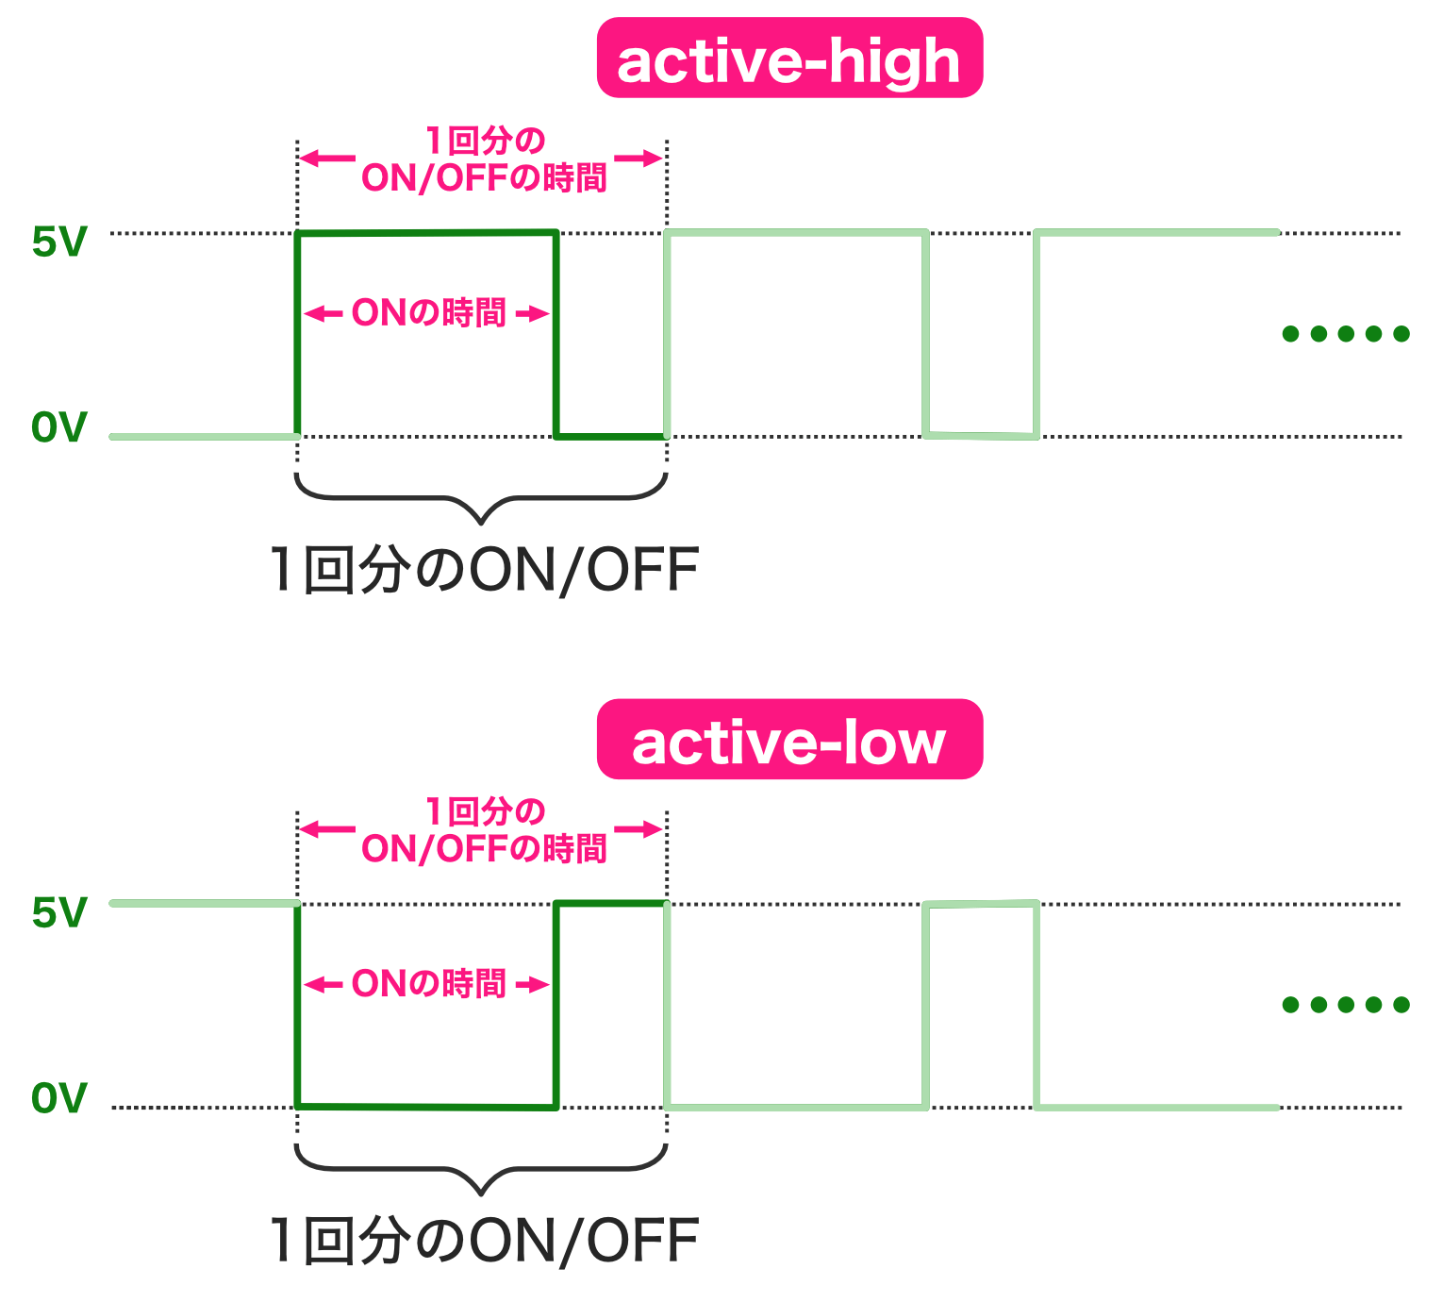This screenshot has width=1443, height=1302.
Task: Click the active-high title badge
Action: pyautogui.click(x=789, y=58)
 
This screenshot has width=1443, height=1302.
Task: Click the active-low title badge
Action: pyautogui.click(x=789, y=740)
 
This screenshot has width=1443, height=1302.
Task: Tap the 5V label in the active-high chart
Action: pyautogui.click(x=58, y=242)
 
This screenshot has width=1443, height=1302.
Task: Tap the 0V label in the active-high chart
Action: pyautogui.click(x=58, y=427)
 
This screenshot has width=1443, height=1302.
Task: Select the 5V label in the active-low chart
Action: pyautogui.click(x=58, y=913)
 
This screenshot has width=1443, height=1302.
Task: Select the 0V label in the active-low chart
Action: pyautogui.click(x=58, y=1098)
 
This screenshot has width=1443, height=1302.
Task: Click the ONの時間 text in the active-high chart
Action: pyautogui.click(x=429, y=313)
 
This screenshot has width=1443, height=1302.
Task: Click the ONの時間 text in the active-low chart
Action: pyautogui.click(x=429, y=984)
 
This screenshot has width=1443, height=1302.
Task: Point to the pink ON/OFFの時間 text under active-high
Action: pyautogui.click(x=484, y=177)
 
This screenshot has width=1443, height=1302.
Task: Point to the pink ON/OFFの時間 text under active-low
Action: pyautogui.click(x=484, y=848)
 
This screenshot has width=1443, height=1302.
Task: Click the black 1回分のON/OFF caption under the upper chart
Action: pyautogui.click(x=484, y=570)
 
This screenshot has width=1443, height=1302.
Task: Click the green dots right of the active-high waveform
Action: pyautogui.click(x=1346, y=333)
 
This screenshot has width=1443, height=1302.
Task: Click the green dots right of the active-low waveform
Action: pyautogui.click(x=1346, y=1005)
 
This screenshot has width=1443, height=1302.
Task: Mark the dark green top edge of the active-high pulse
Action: pyautogui.click(x=426, y=233)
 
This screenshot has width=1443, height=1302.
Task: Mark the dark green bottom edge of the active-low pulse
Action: pyautogui.click(x=426, y=1107)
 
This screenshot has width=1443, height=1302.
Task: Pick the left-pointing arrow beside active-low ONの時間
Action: pyautogui.click(x=323, y=985)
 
